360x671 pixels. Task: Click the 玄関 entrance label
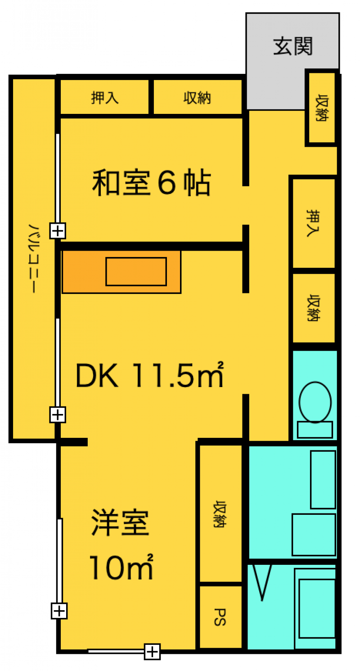coord(292,46)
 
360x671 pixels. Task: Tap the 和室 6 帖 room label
coord(151,182)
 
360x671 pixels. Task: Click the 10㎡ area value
coord(121,567)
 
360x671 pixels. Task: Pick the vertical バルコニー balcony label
coord(34,258)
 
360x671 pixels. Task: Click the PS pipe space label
coord(220,617)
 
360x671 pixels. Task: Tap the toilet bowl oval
coord(315,402)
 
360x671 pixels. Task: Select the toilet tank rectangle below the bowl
coord(315,430)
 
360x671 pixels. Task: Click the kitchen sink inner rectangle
coord(136,271)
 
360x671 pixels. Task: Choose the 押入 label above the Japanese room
coord(105,98)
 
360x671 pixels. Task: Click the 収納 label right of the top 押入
coord(198,98)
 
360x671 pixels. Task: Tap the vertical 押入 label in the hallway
coord(314,223)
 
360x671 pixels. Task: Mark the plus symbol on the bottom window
coord(152,652)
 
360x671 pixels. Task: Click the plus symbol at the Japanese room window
coord(58,231)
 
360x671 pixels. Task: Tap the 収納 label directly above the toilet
coord(314,308)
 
